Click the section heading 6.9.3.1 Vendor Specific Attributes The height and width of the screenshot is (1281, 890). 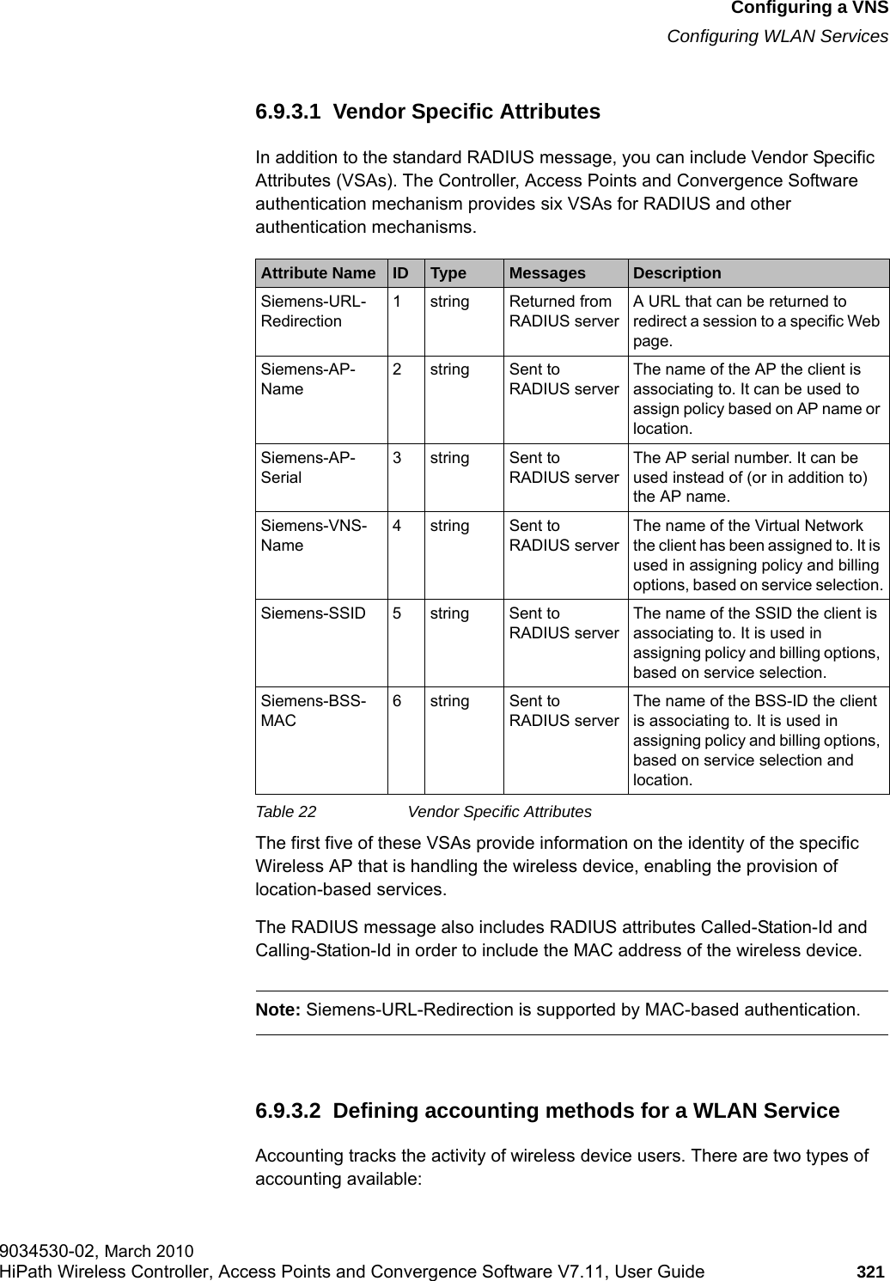tap(428, 112)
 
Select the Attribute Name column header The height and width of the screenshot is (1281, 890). tap(318, 273)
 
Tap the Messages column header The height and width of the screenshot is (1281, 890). tap(547, 273)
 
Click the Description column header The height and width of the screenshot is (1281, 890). tap(677, 273)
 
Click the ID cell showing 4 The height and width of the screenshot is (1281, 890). tap(398, 526)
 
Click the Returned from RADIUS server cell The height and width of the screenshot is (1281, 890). tap(564, 311)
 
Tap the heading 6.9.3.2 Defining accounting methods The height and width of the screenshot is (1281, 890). tap(547, 1111)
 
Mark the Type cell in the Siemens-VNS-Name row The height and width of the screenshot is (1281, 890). tap(449, 526)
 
